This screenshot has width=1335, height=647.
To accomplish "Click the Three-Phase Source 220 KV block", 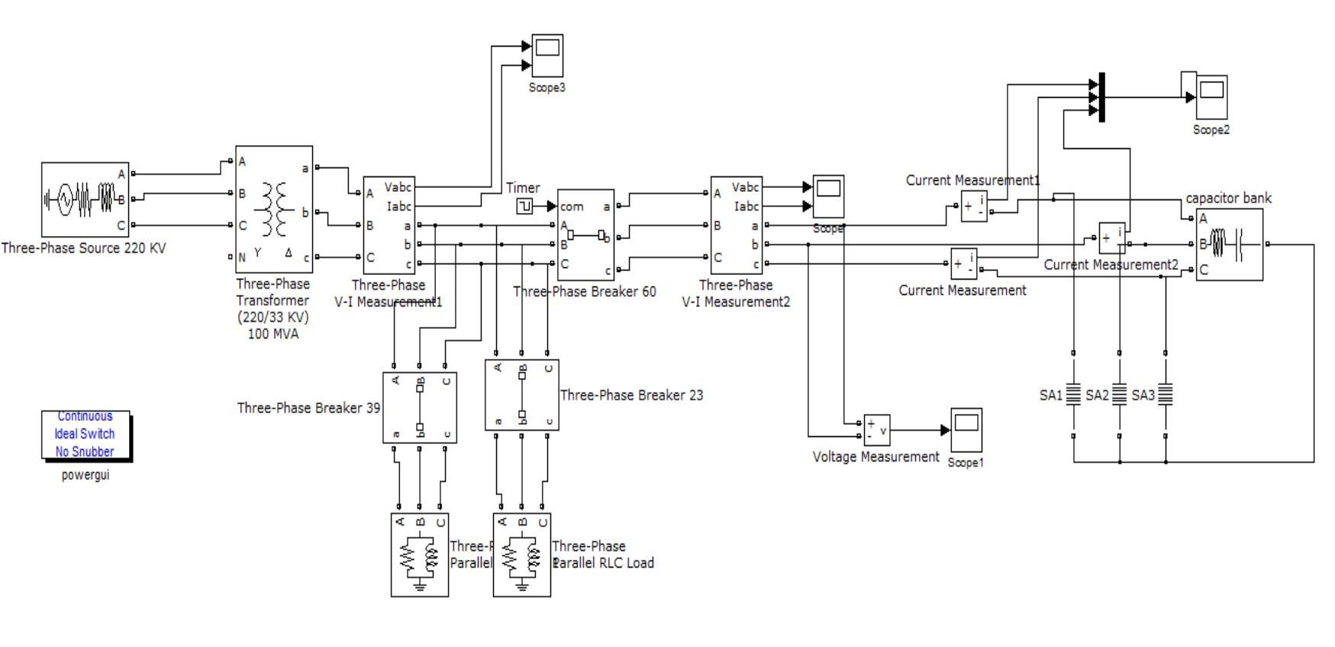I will click(85, 199).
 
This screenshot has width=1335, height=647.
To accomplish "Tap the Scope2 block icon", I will click(1211, 97).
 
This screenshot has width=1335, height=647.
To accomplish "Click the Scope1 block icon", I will click(966, 430).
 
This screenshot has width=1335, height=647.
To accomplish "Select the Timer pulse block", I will click(524, 206).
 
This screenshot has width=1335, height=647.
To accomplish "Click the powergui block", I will click(85, 435).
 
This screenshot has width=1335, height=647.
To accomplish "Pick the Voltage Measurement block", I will click(876, 430).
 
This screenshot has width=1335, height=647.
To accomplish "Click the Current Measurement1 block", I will click(973, 206).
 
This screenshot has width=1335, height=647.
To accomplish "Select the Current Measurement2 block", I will click(1112, 238).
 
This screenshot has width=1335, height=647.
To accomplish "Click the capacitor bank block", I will click(1229, 244).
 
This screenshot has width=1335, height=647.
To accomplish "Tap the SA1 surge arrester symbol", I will click(1073, 394).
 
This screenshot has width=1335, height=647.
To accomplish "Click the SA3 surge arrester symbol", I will click(1166, 394).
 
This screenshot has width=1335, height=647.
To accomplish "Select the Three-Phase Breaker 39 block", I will click(420, 408).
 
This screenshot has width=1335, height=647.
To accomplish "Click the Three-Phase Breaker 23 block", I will click(522, 395).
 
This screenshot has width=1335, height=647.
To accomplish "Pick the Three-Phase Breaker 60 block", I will click(586, 235).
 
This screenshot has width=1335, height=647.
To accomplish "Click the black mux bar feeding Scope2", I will click(1101, 98).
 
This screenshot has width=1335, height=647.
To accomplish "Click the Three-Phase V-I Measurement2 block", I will click(737, 225).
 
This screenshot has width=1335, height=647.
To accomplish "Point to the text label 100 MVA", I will click(273, 335).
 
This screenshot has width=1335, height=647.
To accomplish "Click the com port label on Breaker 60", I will click(572, 207).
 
